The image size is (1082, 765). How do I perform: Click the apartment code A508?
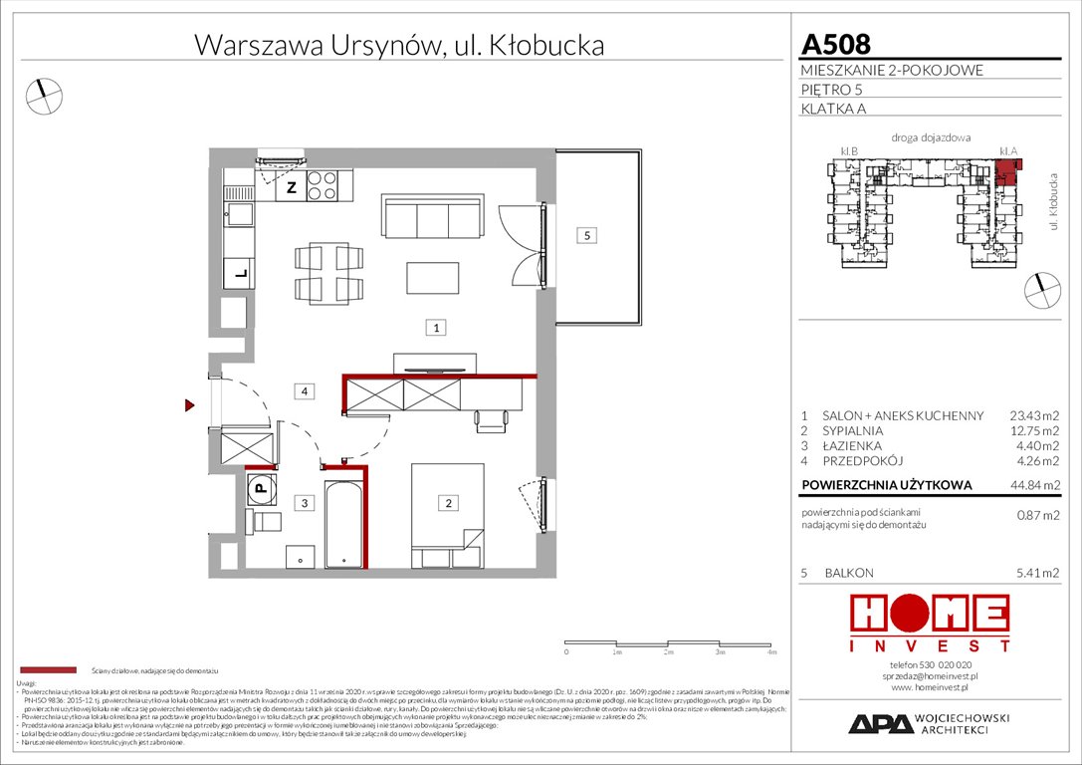(835, 44)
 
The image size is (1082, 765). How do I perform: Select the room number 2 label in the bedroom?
(449, 504)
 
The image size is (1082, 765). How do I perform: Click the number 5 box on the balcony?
(588, 236)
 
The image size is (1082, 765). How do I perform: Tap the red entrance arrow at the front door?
(188, 405)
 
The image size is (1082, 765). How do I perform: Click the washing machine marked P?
(259, 488)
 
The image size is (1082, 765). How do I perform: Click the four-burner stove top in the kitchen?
(322, 185)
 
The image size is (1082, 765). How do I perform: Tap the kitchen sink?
(240, 212)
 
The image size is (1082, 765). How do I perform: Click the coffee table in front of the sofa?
(432, 278)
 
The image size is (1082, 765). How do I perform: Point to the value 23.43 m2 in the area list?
(1033, 416)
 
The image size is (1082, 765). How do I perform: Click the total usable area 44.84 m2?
(1033, 485)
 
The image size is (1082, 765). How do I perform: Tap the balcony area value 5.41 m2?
(1035, 574)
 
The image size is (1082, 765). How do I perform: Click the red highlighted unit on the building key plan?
(1007, 168)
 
